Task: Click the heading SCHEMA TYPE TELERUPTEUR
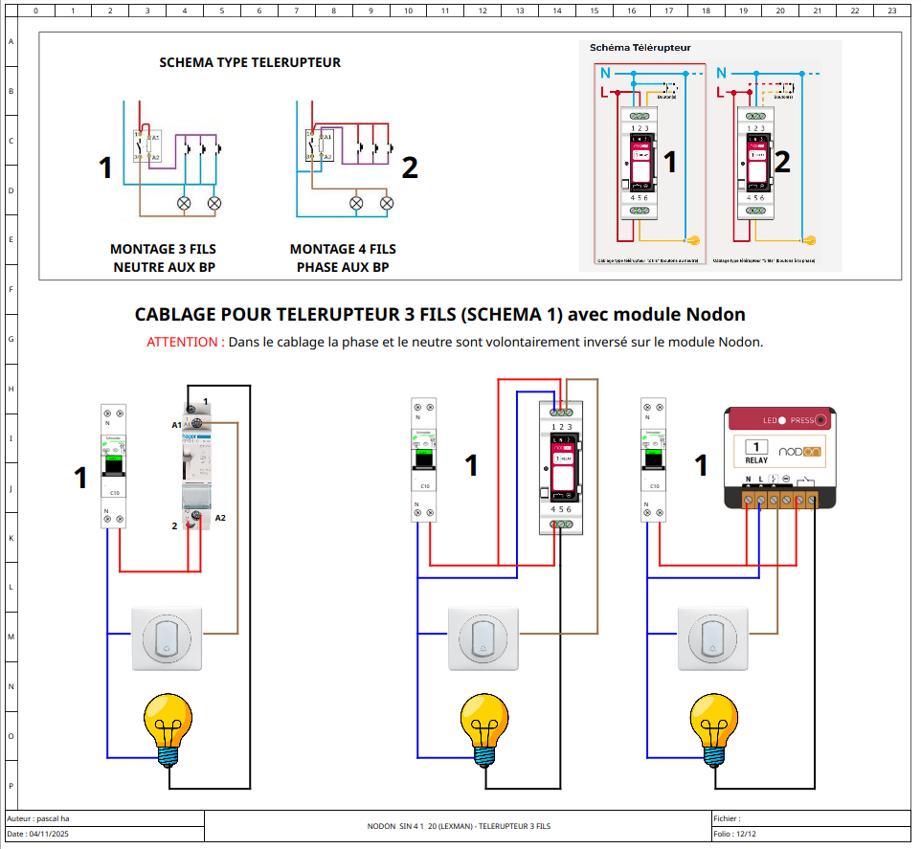click(x=250, y=63)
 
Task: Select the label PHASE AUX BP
click(x=343, y=267)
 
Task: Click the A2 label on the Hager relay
click(x=220, y=518)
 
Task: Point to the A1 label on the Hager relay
click(x=177, y=423)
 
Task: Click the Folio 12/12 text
click(x=735, y=835)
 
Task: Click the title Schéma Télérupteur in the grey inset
click(x=640, y=47)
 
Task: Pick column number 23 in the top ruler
click(x=891, y=11)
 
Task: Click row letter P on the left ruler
click(x=11, y=785)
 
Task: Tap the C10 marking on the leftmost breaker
click(x=114, y=492)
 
